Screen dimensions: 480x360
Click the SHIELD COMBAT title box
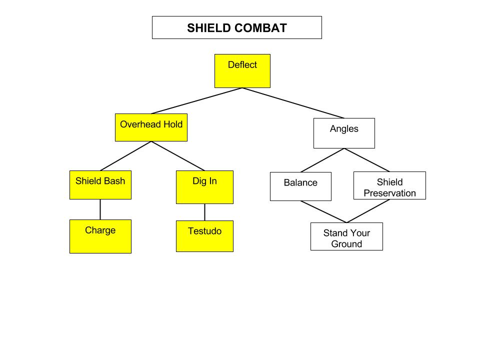(x=237, y=27)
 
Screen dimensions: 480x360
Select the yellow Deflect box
(x=242, y=71)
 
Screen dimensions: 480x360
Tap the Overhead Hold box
(x=151, y=127)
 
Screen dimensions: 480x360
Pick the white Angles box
(x=344, y=133)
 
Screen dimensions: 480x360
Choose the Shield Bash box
(x=100, y=185)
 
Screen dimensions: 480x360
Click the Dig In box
(x=205, y=187)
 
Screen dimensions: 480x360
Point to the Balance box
(x=300, y=186)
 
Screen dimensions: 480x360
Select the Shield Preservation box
(x=389, y=185)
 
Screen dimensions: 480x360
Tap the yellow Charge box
(x=100, y=236)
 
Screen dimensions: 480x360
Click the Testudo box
(x=205, y=236)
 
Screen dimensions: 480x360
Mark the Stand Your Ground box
(x=346, y=236)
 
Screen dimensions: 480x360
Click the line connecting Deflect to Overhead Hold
(x=197, y=101)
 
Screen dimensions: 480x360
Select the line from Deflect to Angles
(x=293, y=103)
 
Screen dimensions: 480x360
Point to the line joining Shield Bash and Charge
(x=100, y=209)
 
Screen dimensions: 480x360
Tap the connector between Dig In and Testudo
(x=205, y=212)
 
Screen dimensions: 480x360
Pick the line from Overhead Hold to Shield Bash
(x=126, y=156)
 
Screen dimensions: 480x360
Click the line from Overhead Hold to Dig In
(x=178, y=156)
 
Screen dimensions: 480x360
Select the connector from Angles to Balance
(x=322, y=160)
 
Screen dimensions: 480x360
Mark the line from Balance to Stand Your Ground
(x=323, y=212)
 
